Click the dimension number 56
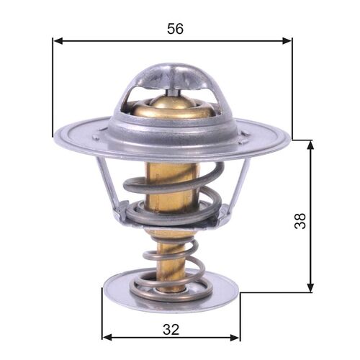[175, 28]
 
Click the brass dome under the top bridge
[173, 108]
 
